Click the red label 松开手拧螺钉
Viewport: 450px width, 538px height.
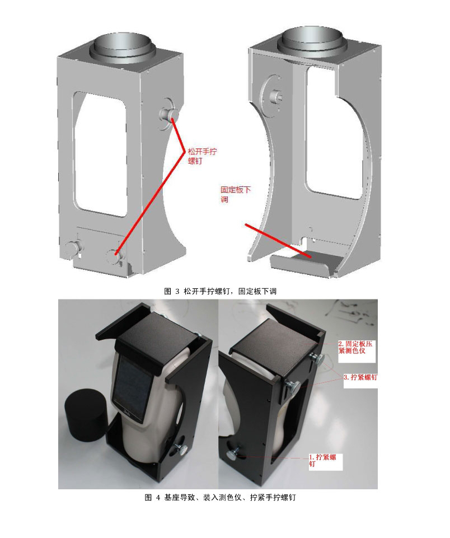(202, 156)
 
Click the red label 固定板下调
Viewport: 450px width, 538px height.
(235, 194)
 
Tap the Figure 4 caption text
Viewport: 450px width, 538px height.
(220, 497)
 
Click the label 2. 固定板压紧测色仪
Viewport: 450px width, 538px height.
(355, 347)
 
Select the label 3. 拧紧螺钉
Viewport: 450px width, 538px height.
(360, 377)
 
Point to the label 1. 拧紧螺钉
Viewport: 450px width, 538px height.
(322, 460)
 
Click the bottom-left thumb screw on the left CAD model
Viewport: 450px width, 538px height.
(73, 248)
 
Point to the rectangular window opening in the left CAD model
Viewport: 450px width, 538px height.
(100, 154)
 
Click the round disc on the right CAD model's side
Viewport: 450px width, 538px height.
(273, 95)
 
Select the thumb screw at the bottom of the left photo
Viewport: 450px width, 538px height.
(180, 448)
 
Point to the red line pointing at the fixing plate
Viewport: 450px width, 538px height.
(278, 241)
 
